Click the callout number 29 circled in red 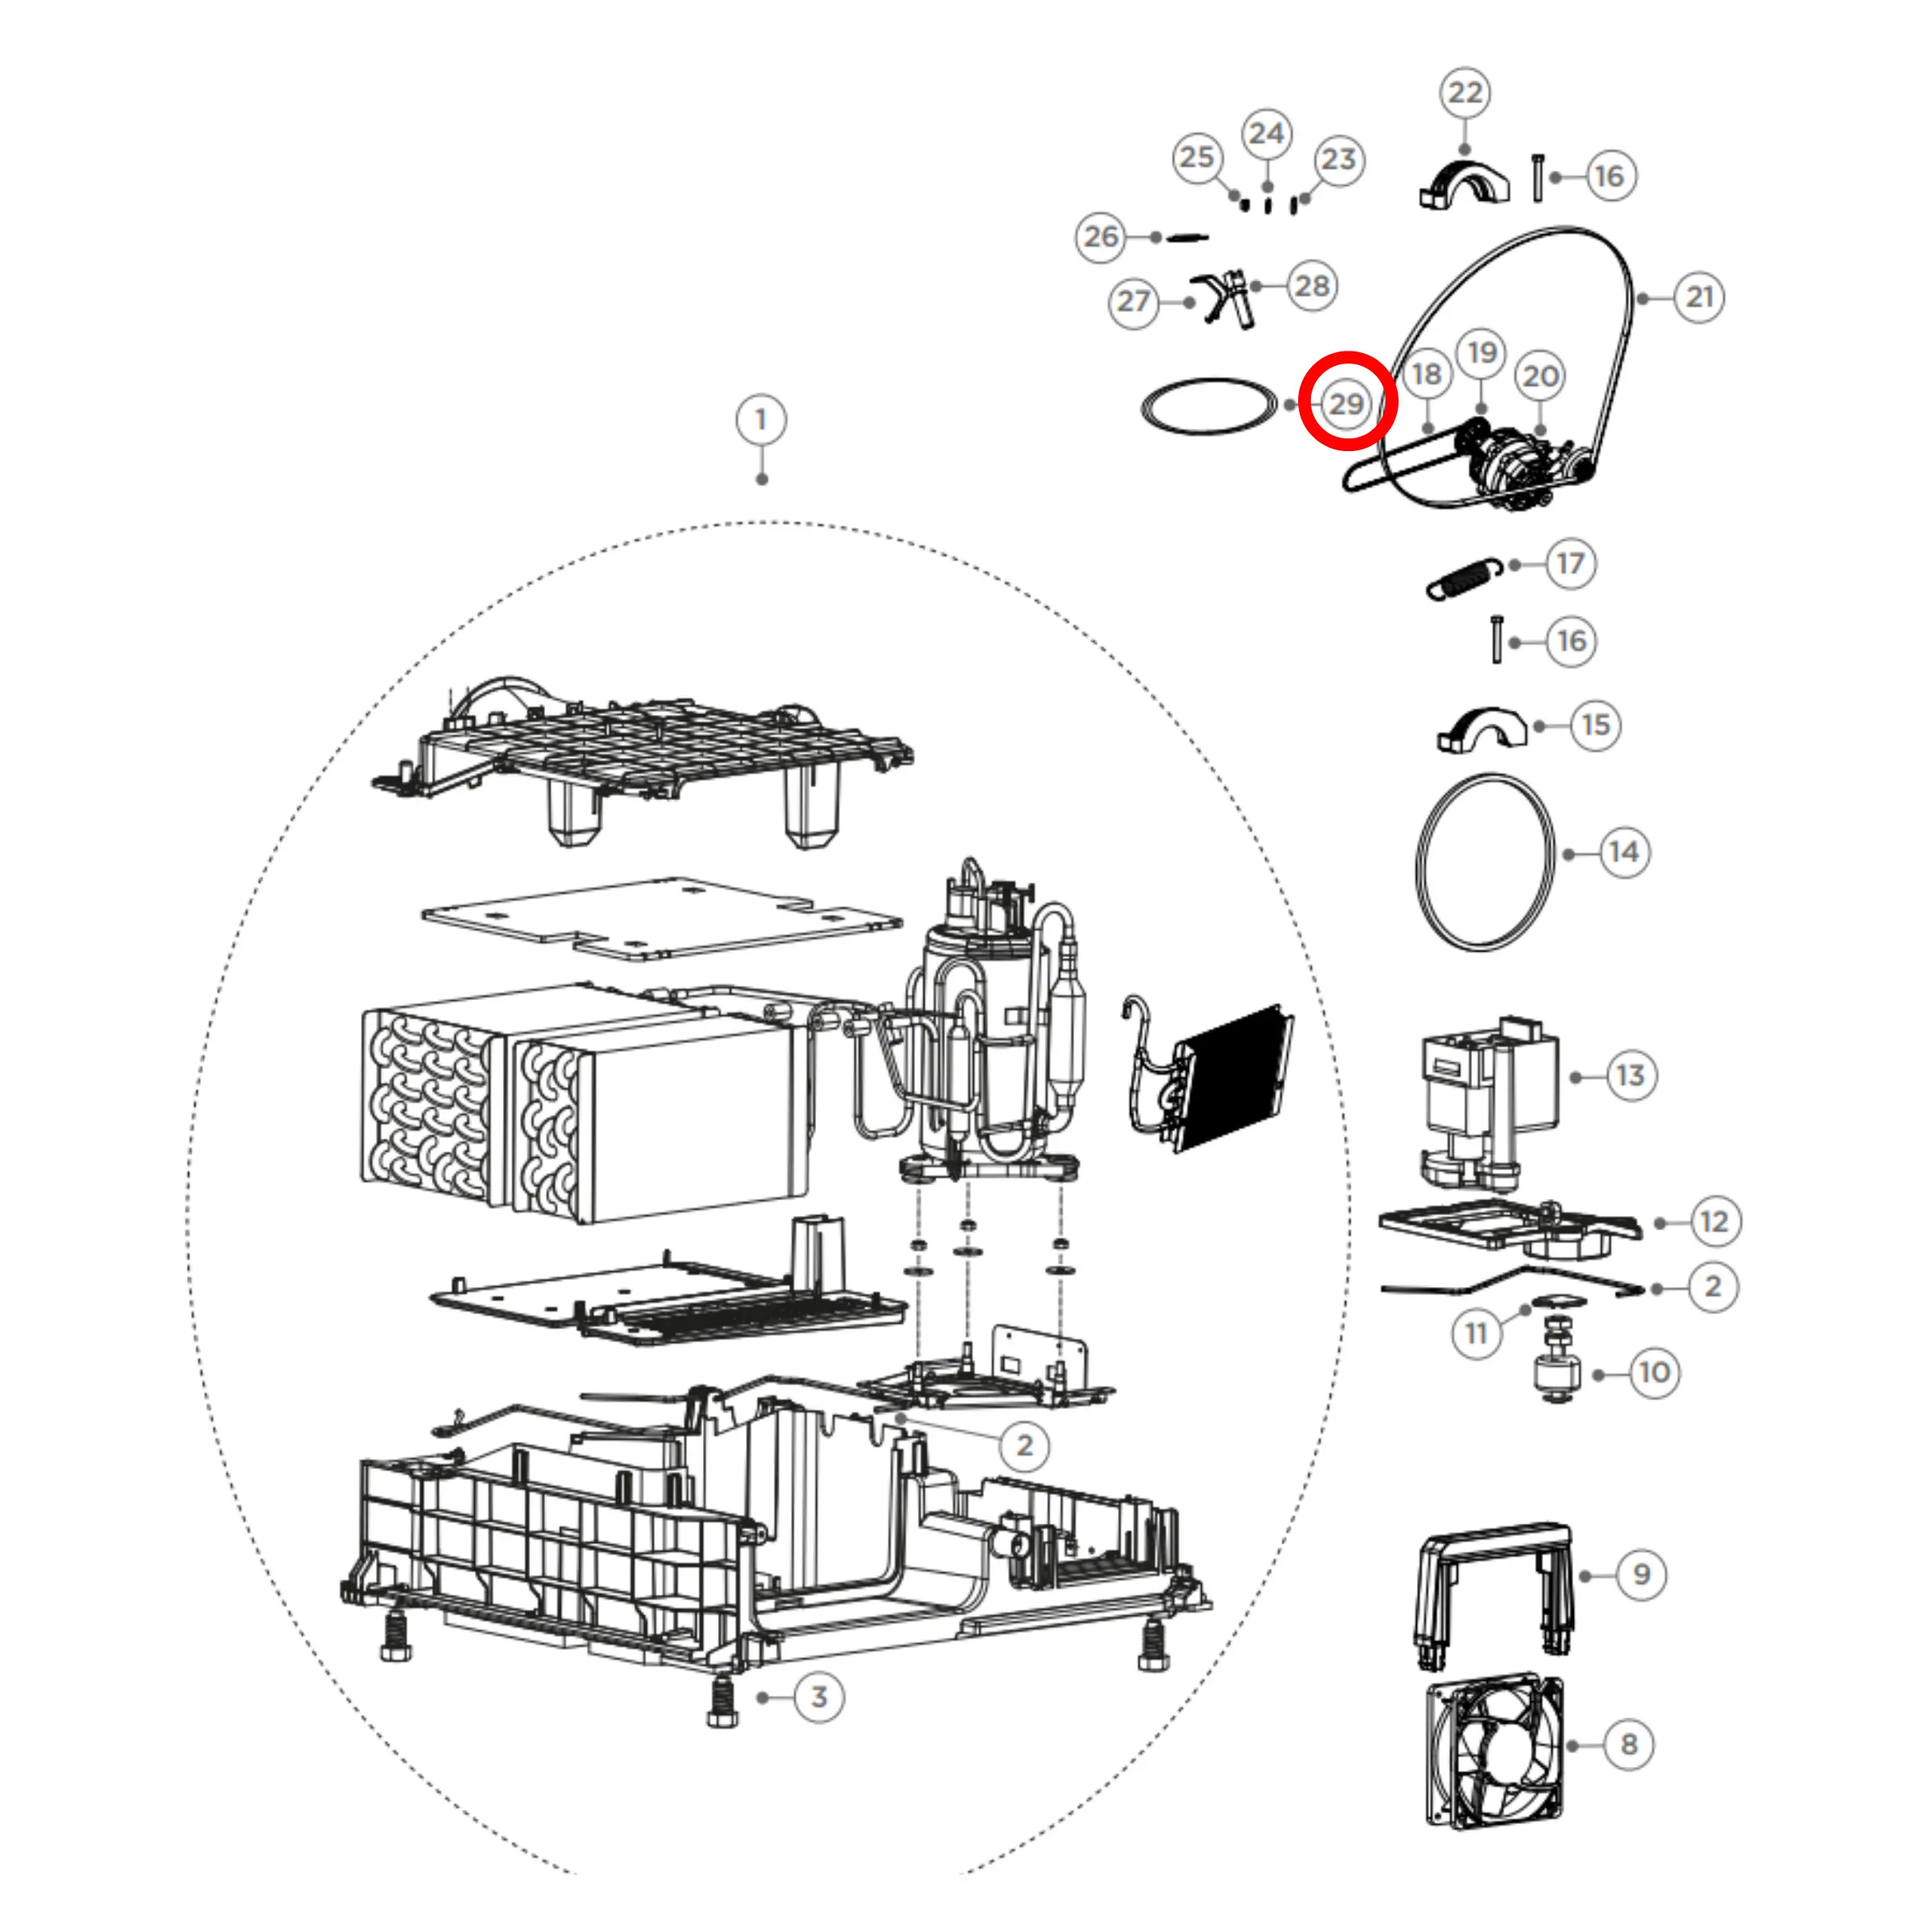pos(1347,403)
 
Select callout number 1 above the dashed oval pos(761,420)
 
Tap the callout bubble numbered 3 pos(819,1697)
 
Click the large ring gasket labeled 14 pos(1484,861)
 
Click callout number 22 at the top pos(1465,93)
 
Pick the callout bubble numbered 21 pos(1700,296)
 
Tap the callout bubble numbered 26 pos(1101,237)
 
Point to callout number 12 pos(1714,1221)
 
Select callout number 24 pos(1266,133)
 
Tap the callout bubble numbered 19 pos(1482,352)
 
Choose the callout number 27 pos(1133,301)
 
